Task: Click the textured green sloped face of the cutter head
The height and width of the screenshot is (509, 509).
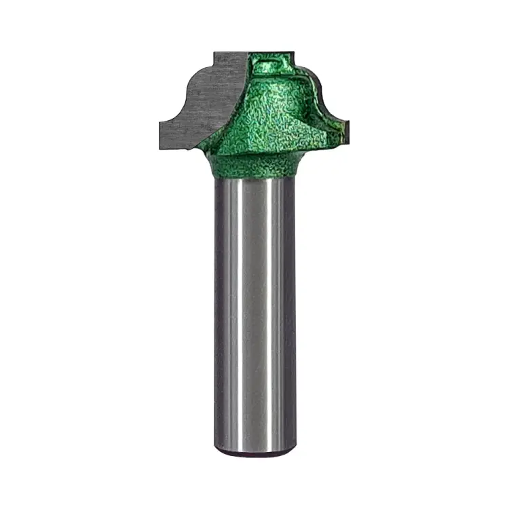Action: coord(265,115)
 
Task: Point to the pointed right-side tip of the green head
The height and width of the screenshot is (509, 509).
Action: coord(347,128)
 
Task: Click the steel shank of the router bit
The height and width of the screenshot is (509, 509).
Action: coord(254,305)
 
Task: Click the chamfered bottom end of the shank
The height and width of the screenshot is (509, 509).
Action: coord(254,449)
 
